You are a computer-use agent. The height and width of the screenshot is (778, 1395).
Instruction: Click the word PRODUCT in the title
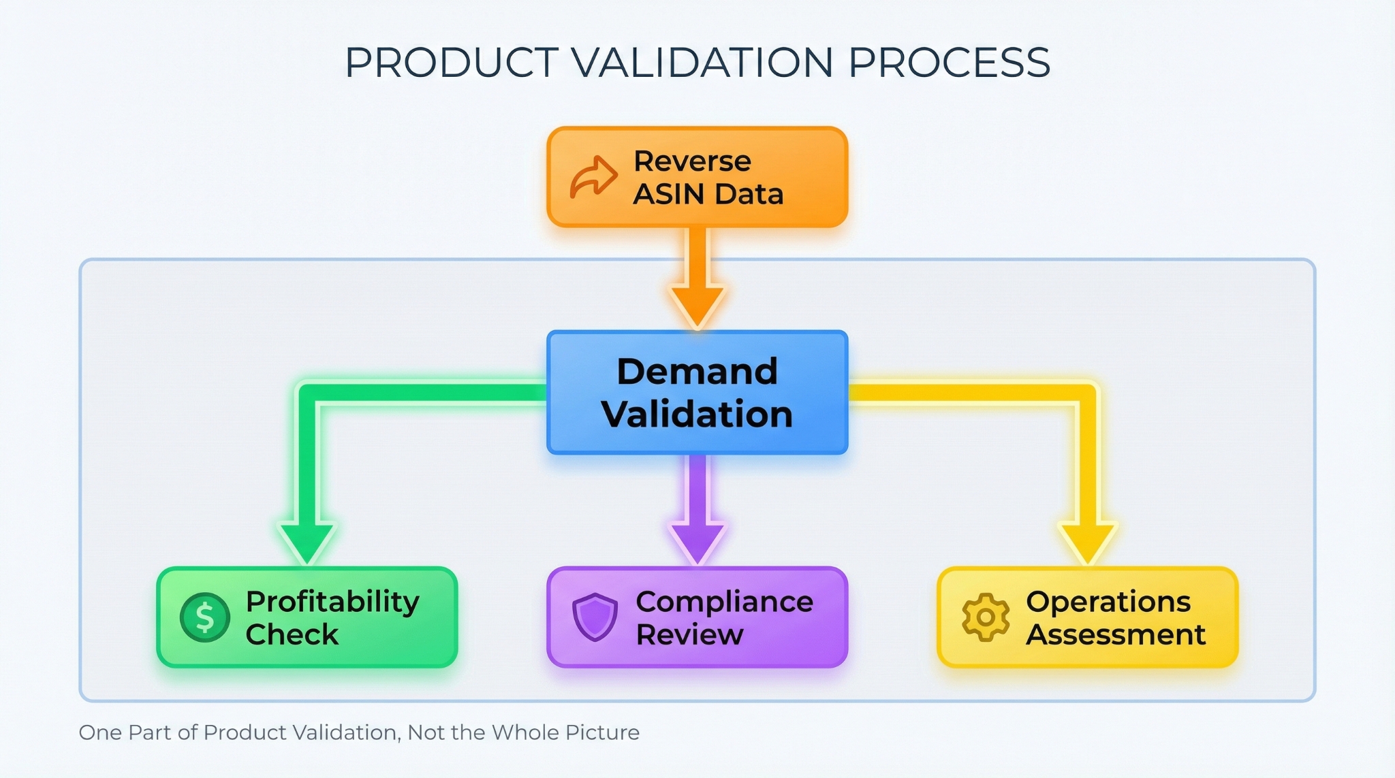[x=452, y=63]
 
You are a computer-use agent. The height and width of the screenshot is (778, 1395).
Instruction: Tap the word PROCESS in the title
[x=949, y=63]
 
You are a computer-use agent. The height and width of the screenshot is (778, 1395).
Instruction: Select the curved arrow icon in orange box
[x=593, y=177]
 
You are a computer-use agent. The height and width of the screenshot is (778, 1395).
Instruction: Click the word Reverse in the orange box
[x=692, y=161]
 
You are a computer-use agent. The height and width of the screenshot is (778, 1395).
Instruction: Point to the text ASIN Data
[x=708, y=194]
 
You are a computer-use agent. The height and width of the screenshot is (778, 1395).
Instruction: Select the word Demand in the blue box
[x=697, y=372]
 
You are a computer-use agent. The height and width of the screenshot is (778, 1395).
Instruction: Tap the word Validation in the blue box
[x=697, y=414]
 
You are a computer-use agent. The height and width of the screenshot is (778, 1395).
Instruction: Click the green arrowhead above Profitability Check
[x=307, y=541]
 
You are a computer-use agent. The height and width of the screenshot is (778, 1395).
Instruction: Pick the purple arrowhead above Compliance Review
[x=697, y=541]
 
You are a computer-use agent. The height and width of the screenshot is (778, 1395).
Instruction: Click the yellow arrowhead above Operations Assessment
[x=1088, y=541]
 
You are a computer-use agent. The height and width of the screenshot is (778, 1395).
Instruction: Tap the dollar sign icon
[x=204, y=617]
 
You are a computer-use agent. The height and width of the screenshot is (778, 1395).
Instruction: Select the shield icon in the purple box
[x=595, y=617]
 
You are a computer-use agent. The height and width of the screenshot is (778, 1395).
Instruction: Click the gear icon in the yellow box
[x=985, y=617]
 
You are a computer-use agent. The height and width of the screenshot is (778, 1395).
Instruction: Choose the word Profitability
[x=332, y=602]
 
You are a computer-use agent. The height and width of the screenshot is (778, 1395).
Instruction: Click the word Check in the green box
[x=292, y=634]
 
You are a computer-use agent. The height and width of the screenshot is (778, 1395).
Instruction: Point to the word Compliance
[x=724, y=602]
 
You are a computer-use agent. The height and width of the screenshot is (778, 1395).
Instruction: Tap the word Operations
[x=1108, y=602]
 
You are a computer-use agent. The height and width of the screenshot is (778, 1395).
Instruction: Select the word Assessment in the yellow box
[x=1116, y=634]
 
